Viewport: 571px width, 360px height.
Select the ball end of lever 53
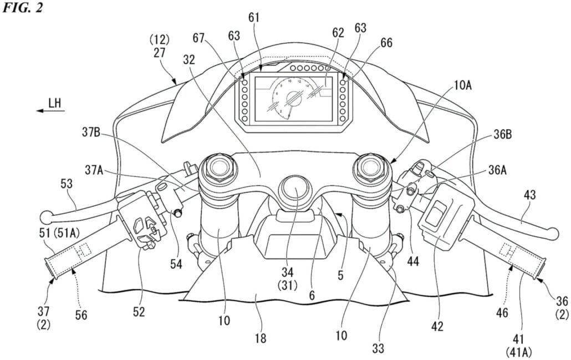tap(47, 215)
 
